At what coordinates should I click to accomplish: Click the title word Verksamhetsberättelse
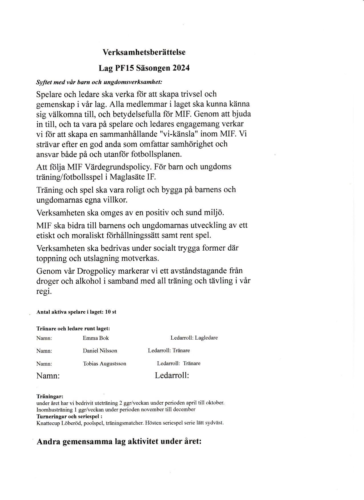click(x=144, y=52)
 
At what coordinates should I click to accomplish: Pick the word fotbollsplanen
click(x=156, y=154)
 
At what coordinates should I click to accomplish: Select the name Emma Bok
click(x=96, y=338)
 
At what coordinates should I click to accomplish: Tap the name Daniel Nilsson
click(x=100, y=351)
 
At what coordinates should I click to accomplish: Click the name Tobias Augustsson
click(x=104, y=364)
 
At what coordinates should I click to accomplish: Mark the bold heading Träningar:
click(x=50, y=396)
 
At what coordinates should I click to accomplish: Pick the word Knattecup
click(x=48, y=423)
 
